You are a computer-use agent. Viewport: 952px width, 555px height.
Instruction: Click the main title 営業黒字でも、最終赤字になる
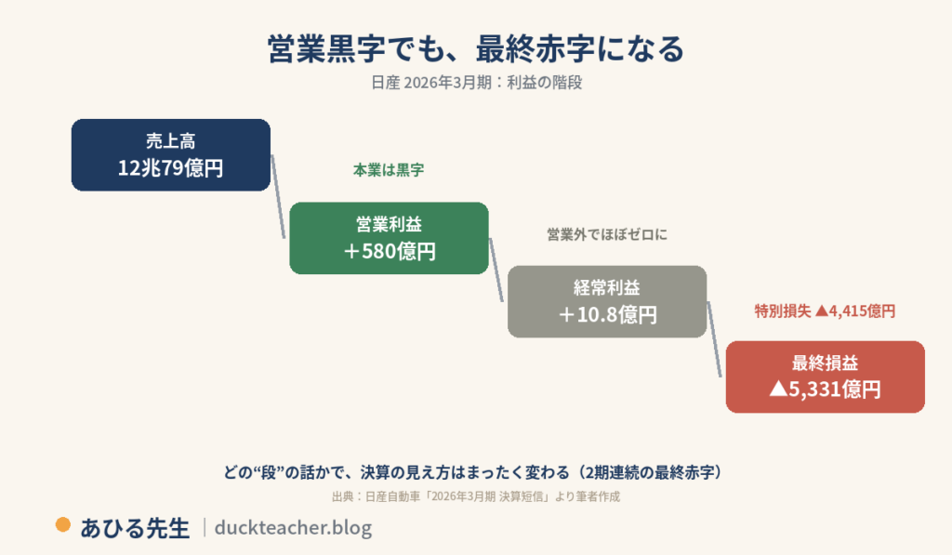[x=476, y=48]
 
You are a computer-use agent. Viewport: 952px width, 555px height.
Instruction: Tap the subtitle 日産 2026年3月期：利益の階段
[x=477, y=83]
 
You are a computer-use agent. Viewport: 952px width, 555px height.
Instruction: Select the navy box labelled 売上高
[x=171, y=155]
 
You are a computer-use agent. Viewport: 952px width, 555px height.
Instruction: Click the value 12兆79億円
[x=171, y=167]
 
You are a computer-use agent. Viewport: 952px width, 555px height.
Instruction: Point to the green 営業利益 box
[x=390, y=238]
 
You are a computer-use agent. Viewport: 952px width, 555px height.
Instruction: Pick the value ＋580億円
[x=390, y=251]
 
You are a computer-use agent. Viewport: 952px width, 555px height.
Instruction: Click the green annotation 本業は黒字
[x=389, y=170]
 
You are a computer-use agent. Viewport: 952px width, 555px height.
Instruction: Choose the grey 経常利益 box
[x=607, y=301]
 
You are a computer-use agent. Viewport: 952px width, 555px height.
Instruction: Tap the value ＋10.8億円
[x=607, y=314]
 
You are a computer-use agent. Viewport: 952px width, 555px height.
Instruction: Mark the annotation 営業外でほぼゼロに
[x=607, y=234]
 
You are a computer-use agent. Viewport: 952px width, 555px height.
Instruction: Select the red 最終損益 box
[x=826, y=377]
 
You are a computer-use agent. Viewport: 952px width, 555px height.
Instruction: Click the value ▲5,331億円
[x=826, y=390]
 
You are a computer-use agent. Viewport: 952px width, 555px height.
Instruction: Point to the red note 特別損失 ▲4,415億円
[x=826, y=311]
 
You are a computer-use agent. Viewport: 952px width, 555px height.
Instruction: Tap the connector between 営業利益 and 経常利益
[x=496, y=270]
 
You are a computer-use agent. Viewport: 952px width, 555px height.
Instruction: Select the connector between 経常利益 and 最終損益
[x=715, y=339]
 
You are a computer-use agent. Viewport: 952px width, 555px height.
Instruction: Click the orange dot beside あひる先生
[x=63, y=524]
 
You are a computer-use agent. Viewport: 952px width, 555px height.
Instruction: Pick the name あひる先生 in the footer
[x=135, y=528]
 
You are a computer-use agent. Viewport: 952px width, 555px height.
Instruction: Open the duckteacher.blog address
[x=293, y=527]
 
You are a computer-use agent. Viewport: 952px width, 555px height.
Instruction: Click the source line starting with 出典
[x=476, y=496]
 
